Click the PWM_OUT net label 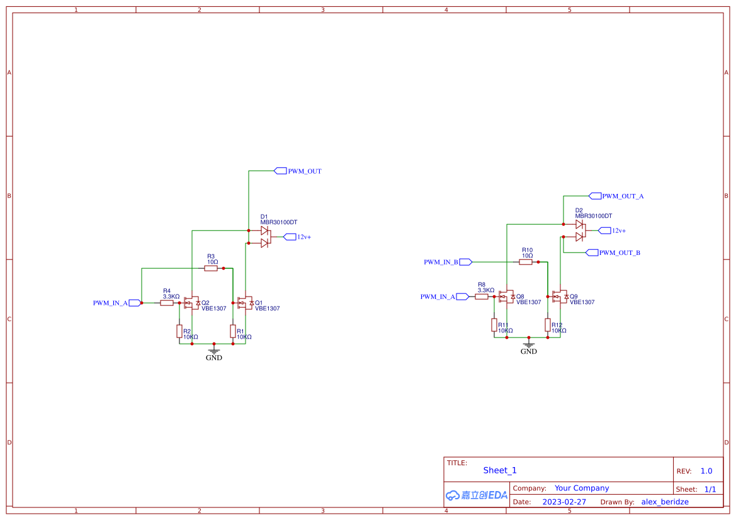[304, 171]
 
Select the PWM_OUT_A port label [622, 196]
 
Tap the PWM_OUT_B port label [619, 253]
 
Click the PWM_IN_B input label [441, 262]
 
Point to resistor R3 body [211, 268]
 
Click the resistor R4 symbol [167, 303]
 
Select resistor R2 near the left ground [179, 331]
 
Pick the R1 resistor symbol [233, 331]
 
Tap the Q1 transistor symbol [245, 303]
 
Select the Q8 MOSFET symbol [506, 297]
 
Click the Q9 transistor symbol [560, 297]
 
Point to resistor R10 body [526, 262]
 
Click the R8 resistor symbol [482, 297]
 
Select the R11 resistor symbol [494, 325]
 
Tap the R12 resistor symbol [548, 325]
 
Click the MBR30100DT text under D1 [278, 222]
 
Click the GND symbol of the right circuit [529, 345]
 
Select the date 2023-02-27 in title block [564, 502]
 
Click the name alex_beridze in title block [665, 502]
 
